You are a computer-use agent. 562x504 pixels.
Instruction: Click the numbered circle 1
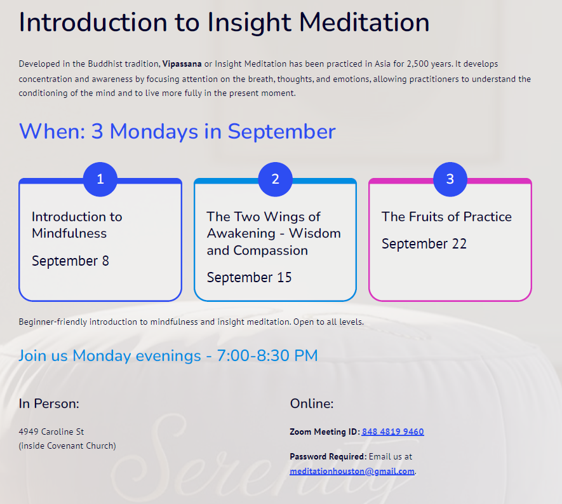pos(100,179)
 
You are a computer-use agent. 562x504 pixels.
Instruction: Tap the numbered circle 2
pos(275,179)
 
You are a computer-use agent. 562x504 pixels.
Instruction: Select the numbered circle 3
pos(450,179)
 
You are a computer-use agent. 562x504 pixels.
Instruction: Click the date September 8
pos(70,261)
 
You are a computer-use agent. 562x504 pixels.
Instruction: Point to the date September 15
pos(249,278)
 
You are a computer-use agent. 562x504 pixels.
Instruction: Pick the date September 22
pos(424,244)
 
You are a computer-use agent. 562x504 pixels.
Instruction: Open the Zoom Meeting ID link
pos(393,432)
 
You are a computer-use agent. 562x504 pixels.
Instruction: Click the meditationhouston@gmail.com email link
pos(352,471)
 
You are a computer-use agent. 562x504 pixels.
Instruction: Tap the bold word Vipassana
pos(182,64)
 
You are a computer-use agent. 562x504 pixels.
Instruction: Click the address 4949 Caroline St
pos(51,432)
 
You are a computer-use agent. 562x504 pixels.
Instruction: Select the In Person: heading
pos(49,404)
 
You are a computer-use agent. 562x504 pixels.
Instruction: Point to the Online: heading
pos(312,404)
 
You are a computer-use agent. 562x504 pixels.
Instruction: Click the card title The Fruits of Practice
pos(446,217)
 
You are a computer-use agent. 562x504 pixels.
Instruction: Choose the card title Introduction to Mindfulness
pos(77,225)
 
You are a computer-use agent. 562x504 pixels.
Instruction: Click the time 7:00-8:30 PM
pos(267,355)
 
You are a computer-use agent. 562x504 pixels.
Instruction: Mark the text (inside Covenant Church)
pos(67,446)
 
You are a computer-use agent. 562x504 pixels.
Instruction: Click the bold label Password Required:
pos(328,456)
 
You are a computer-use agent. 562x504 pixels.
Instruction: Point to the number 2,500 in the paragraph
pos(418,64)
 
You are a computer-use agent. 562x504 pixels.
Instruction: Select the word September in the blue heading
pos(282,132)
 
